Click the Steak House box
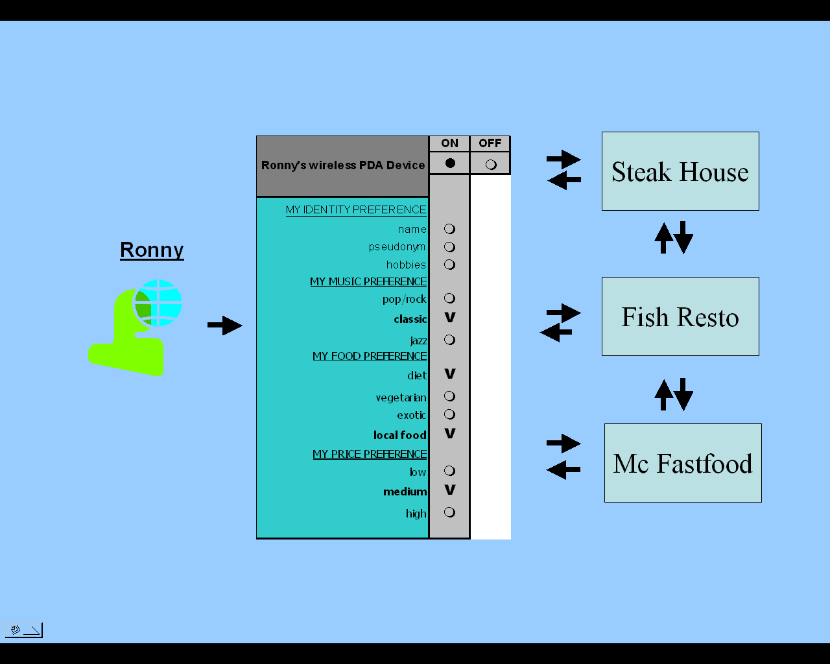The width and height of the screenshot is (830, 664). [x=680, y=171]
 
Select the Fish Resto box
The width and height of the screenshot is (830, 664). [x=680, y=316]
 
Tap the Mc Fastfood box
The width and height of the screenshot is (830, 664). [x=683, y=463]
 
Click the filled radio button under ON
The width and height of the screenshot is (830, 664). [x=450, y=163]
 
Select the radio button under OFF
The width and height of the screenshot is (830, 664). [x=491, y=164]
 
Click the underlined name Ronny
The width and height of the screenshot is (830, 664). [x=152, y=250]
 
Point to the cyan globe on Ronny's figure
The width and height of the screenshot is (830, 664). [x=158, y=303]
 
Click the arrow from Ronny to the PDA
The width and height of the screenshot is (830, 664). [x=224, y=326]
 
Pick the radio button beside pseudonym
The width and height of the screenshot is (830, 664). [x=449, y=247]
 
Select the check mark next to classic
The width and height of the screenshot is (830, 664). [x=449, y=318]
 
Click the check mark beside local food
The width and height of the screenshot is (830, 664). [x=449, y=433]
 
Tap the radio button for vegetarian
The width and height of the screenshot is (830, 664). [x=449, y=396]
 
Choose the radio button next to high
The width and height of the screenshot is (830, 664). [x=449, y=512]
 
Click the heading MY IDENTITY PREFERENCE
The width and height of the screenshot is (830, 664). [x=356, y=209]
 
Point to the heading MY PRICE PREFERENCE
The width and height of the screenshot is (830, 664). [x=370, y=454]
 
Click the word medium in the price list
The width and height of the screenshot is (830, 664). [x=405, y=492]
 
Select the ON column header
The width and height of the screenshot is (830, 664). [x=449, y=143]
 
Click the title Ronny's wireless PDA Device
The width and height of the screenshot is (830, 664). [x=343, y=165]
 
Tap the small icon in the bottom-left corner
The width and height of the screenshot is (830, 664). [x=24, y=630]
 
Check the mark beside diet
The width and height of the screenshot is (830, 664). [x=449, y=374]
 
